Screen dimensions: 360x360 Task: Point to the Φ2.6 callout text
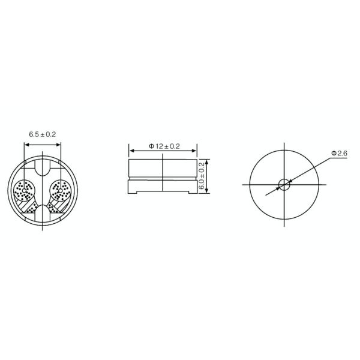point(340,155)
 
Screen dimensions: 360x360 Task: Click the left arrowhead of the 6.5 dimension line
point(25,143)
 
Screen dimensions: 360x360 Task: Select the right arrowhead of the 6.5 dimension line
point(61,143)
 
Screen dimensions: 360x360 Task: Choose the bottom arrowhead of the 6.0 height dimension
point(207,192)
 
